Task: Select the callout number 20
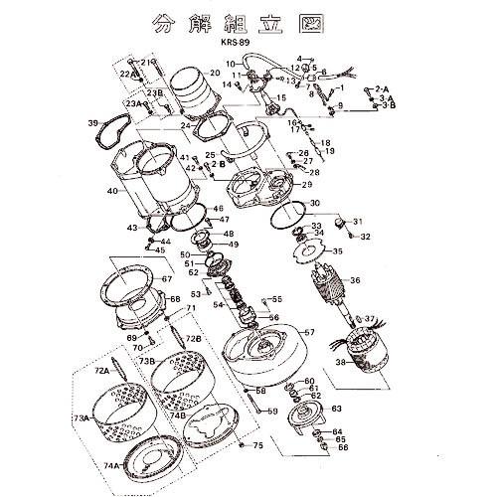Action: pos(215,74)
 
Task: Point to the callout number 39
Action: pos(92,123)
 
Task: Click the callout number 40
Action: pos(112,191)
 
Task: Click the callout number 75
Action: pos(257,445)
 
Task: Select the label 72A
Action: pos(101,370)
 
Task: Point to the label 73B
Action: pos(146,360)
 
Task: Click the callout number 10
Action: pos(231,65)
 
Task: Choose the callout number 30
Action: pos(315,204)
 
